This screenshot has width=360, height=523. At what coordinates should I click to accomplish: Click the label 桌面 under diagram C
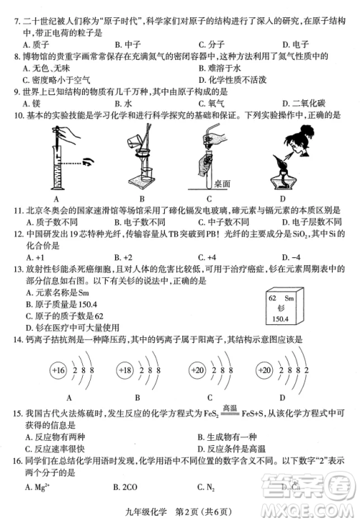click(x=222, y=184)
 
